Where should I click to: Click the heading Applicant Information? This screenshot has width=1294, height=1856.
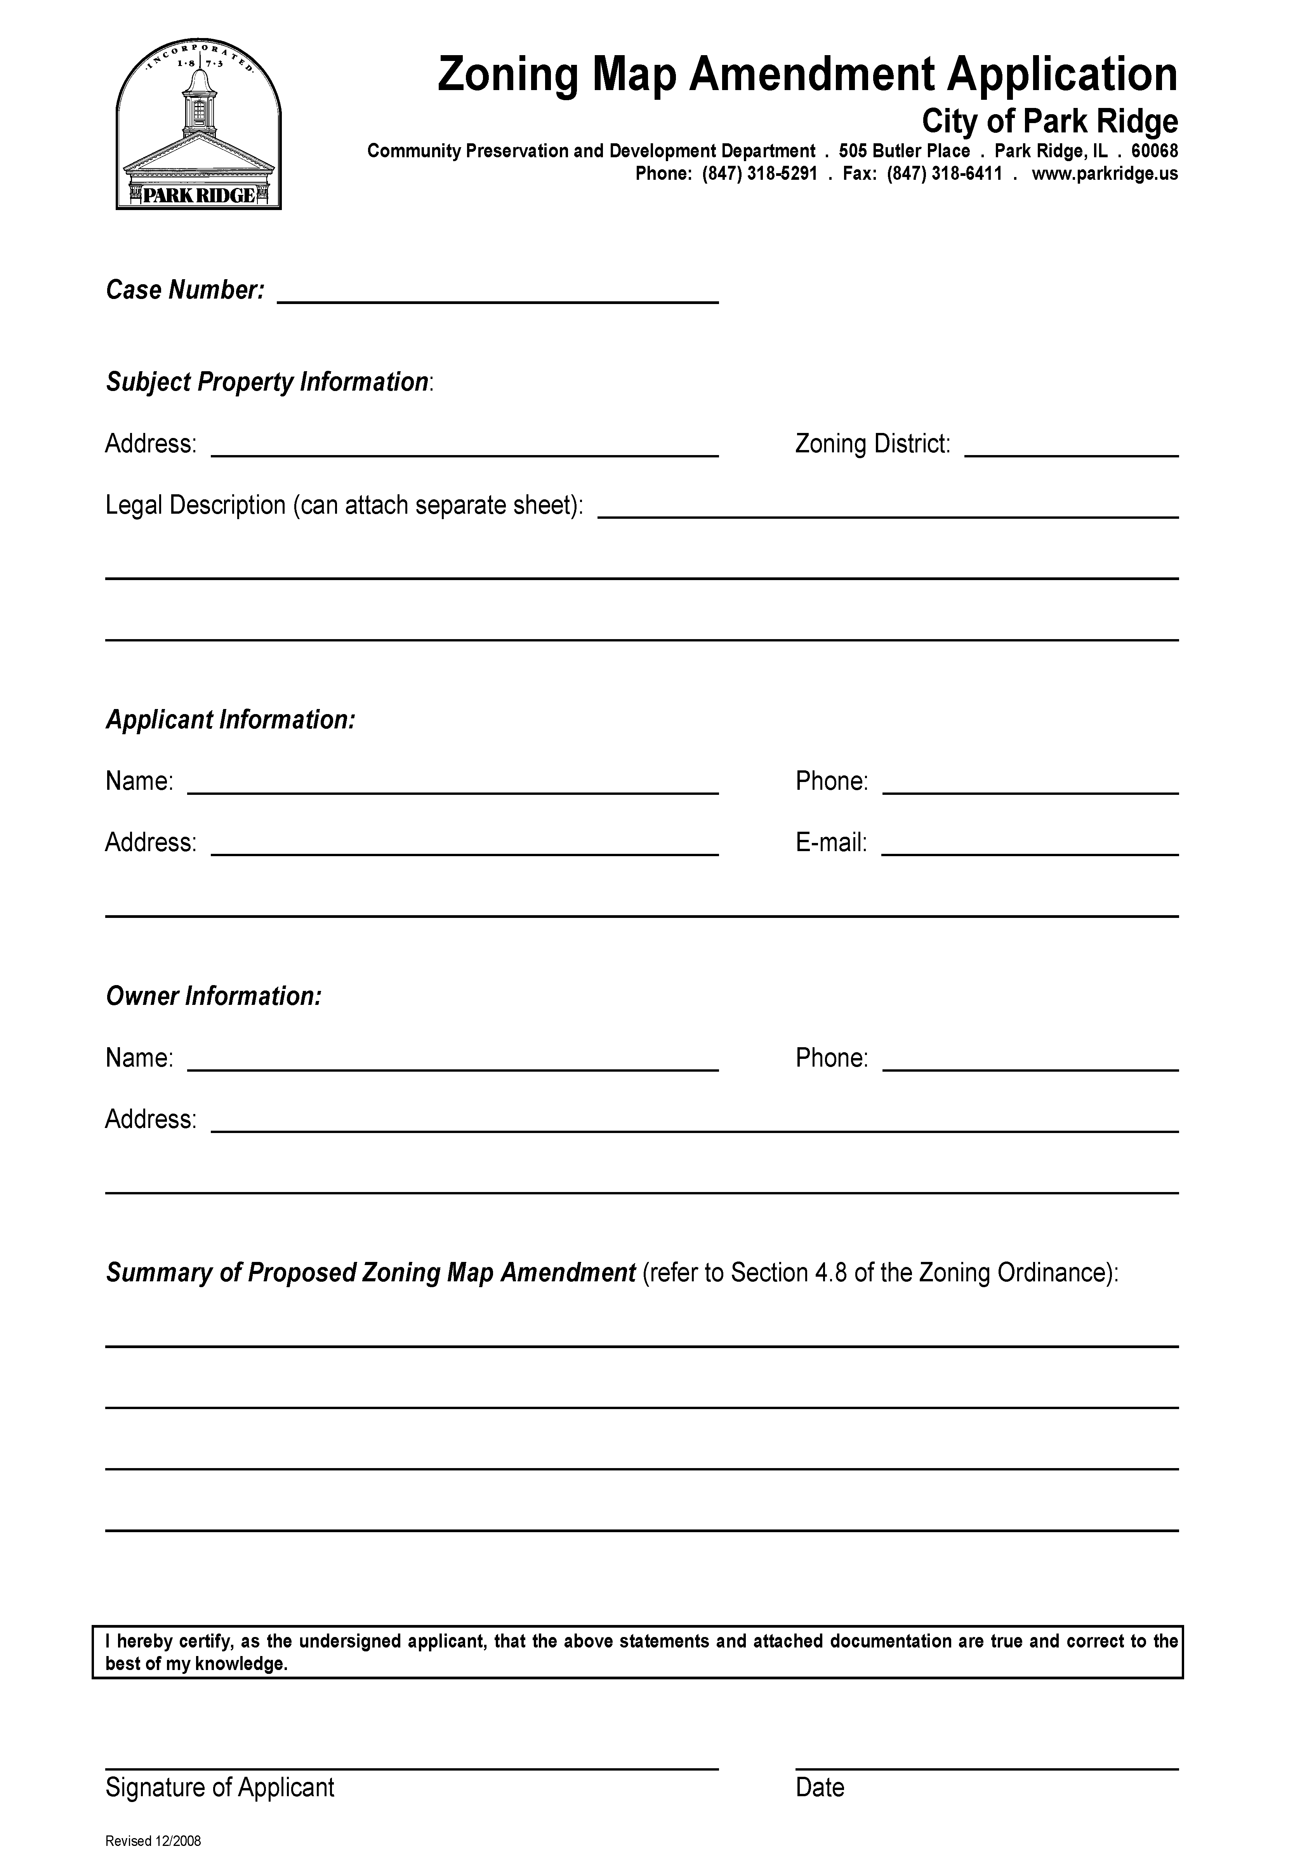pos(230,719)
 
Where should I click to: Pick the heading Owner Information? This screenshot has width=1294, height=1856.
pos(214,996)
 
